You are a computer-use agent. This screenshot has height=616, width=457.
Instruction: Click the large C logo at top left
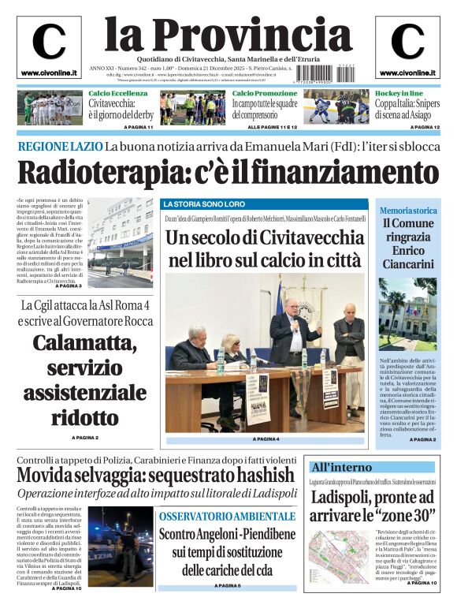tap(48, 42)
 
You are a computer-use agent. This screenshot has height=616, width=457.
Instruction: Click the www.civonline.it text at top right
tap(407, 73)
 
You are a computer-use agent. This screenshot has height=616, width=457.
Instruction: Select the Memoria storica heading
tap(408, 211)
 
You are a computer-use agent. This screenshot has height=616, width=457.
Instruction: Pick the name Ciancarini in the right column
tap(408, 263)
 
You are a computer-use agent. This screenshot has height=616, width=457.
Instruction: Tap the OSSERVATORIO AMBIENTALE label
tap(227, 516)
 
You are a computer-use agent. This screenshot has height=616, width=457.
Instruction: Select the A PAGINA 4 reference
tap(266, 439)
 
